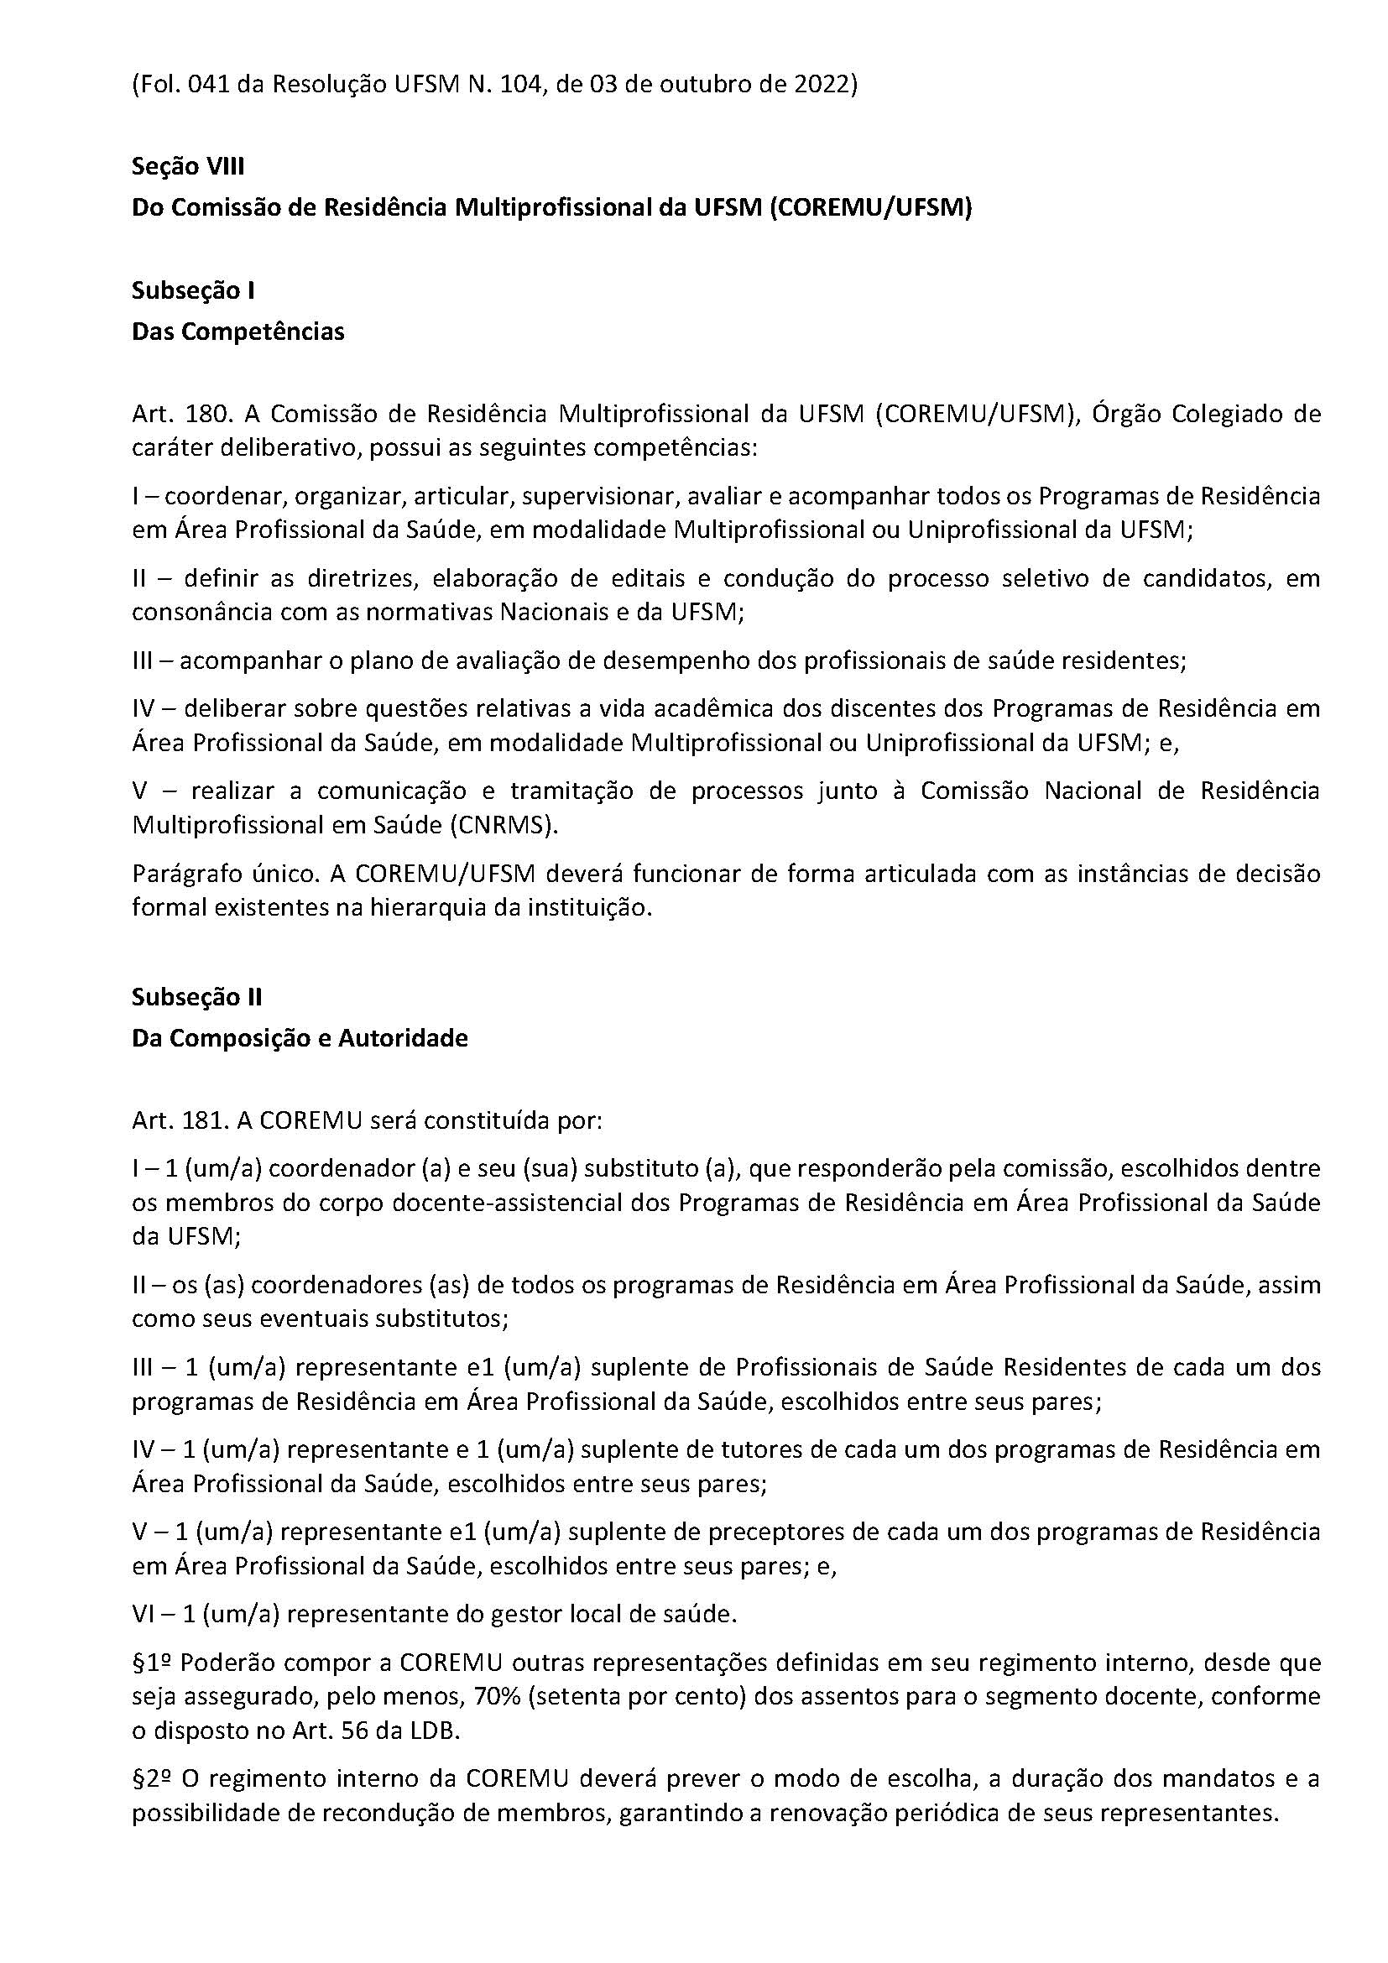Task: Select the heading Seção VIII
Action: coord(188,166)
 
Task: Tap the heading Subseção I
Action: coord(193,290)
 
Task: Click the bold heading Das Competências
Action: coord(237,332)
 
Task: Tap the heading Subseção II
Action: coord(196,997)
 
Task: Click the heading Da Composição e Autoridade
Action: coord(299,1038)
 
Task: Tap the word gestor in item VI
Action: coord(493,1614)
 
